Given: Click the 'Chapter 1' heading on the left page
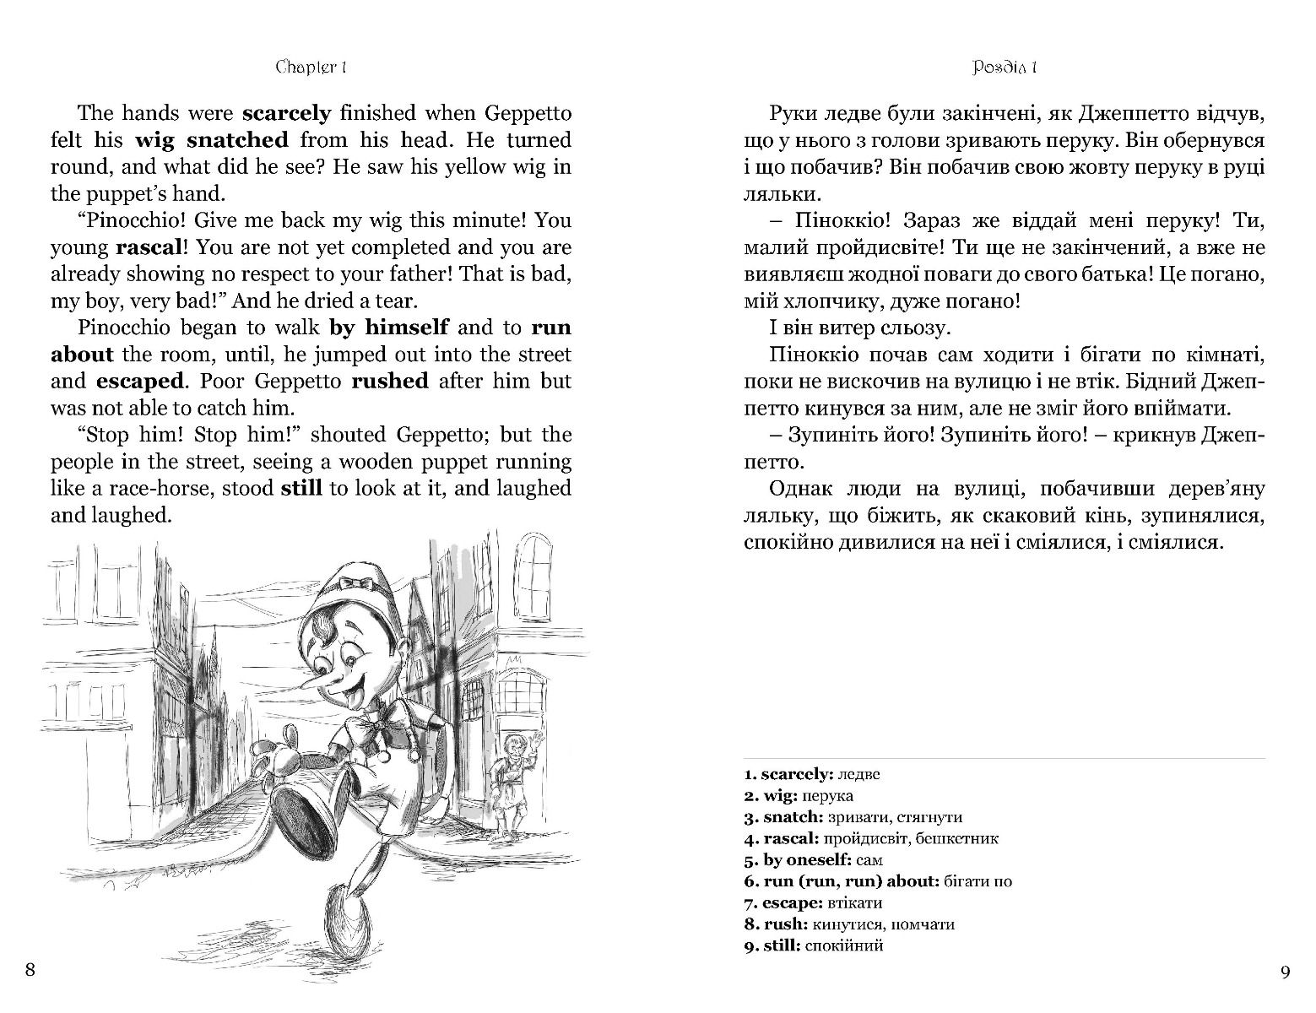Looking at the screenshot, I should [312, 68].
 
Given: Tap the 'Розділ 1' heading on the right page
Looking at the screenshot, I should [1005, 68].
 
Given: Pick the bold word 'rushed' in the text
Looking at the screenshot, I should [389, 381].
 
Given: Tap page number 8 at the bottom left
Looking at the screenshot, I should [30, 969].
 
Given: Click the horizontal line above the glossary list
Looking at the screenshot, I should [1005, 757].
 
